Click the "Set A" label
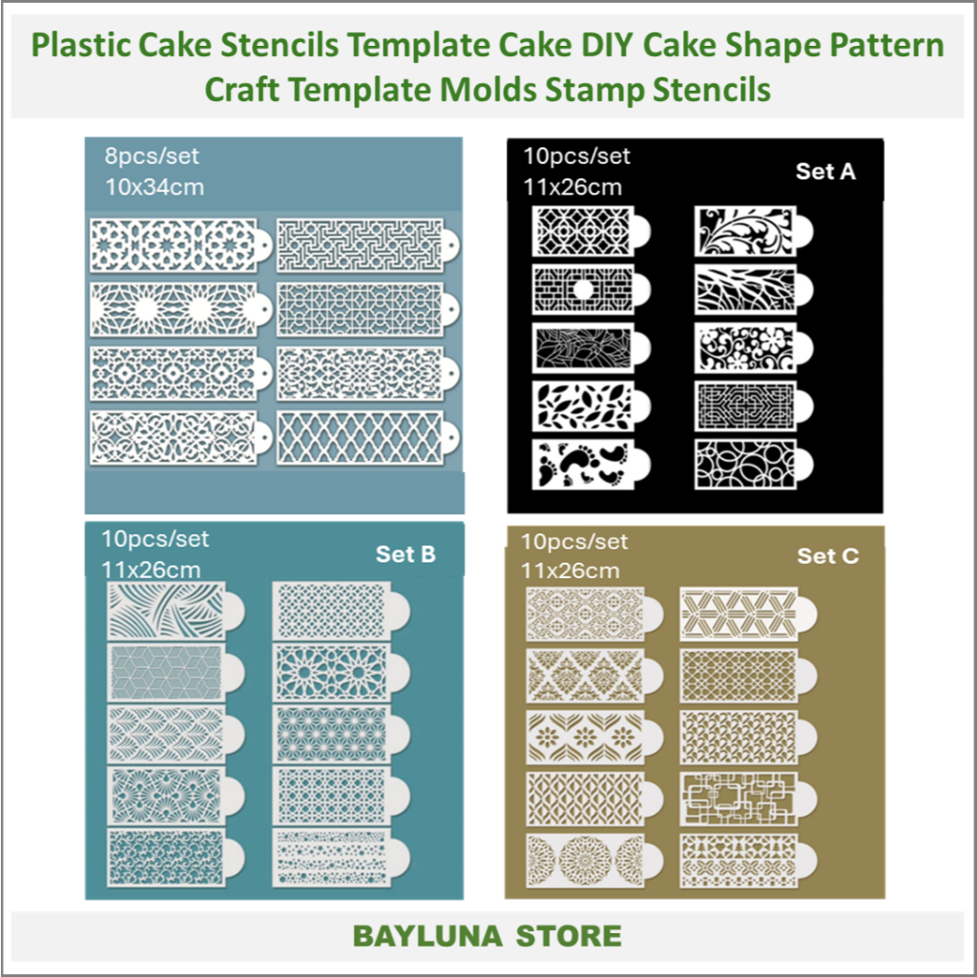(x=825, y=172)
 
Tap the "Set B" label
(x=405, y=554)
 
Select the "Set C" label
(x=827, y=555)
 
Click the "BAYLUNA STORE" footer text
(x=488, y=935)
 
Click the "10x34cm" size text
(x=154, y=186)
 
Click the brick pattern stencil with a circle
(x=584, y=288)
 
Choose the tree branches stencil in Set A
(x=744, y=288)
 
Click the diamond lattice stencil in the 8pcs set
(x=360, y=438)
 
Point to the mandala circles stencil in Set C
(x=585, y=855)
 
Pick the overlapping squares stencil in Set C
(x=738, y=796)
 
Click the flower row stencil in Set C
(x=585, y=736)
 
